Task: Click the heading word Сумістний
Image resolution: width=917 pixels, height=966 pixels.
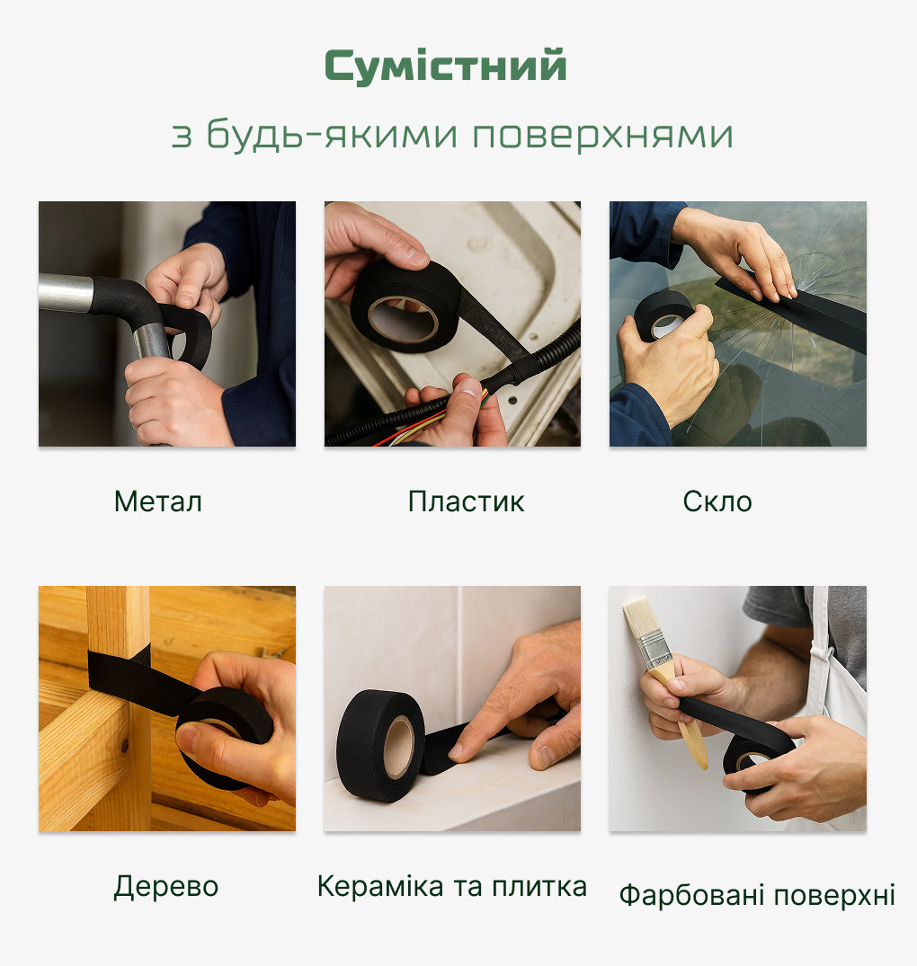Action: (445, 66)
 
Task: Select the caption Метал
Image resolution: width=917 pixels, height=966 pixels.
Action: (158, 501)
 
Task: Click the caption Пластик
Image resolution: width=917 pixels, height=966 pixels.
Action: (466, 501)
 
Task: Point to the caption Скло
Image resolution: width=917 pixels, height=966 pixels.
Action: (717, 501)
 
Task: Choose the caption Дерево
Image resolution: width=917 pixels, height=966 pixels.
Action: (166, 887)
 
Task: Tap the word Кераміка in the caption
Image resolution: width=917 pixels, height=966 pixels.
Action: (380, 887)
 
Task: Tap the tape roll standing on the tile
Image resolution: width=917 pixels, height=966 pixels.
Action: (379, 746)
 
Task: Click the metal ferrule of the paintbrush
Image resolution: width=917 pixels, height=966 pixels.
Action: (655, 655)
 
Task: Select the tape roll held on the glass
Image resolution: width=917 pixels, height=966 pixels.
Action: (664, 315)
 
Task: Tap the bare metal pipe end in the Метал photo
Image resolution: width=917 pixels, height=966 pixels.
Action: (66, 292)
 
